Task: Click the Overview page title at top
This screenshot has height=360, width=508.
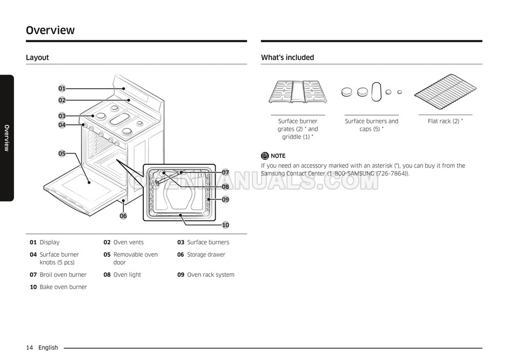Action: coord(50,30)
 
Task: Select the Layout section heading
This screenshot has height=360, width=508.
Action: coord(37,57)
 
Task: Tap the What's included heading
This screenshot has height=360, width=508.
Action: coord(287,57)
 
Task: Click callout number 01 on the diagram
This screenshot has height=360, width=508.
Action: coord(62,88)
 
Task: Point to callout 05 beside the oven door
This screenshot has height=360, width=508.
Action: coord(62,154)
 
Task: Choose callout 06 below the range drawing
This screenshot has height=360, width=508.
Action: coord(123,216)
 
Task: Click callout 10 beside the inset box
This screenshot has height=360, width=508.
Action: coord(225,225)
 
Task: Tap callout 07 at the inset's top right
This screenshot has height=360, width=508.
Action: coord(225,172)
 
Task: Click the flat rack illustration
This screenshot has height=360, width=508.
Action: coord(445,93)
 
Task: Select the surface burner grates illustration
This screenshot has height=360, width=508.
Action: coord(298,92)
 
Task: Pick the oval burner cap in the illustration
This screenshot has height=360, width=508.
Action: coord(377,91)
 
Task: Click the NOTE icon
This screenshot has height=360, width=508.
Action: coord(265,156)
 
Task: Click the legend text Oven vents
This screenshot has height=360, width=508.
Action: coord(128,242)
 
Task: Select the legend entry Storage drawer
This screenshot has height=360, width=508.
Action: coord(206,255)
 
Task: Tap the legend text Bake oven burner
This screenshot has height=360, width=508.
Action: coord(63,287)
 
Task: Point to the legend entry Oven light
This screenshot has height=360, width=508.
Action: coord(127,275)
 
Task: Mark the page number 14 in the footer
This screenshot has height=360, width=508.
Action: coord(30,348)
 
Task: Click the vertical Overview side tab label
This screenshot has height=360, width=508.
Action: coord(6,138)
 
